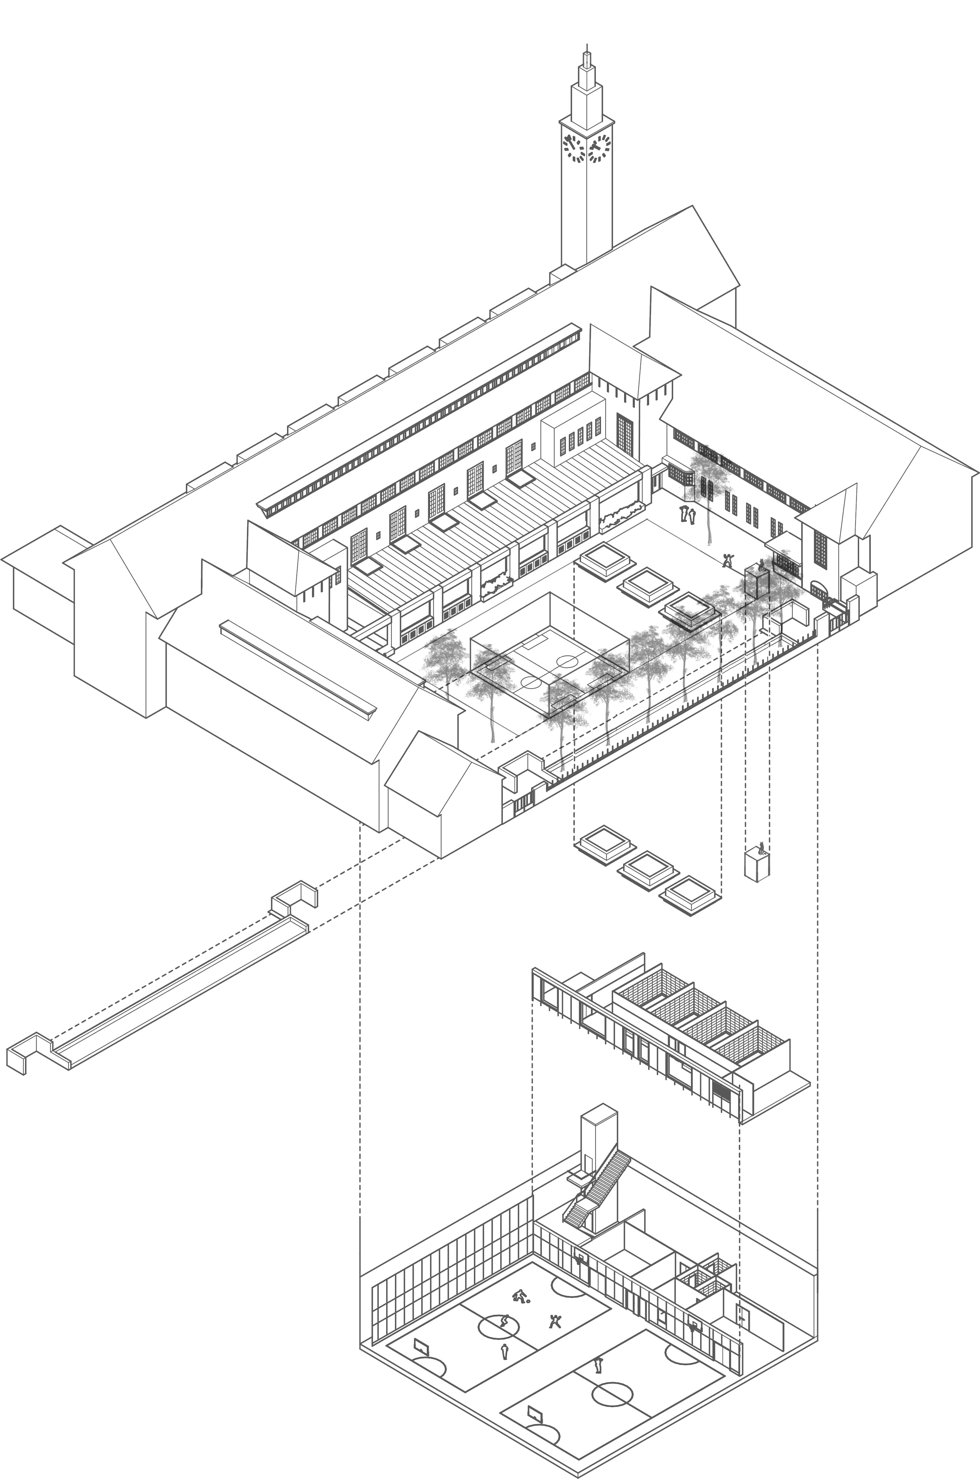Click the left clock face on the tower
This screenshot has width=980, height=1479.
pos(573,149)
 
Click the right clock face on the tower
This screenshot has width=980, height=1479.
pos(599,149)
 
